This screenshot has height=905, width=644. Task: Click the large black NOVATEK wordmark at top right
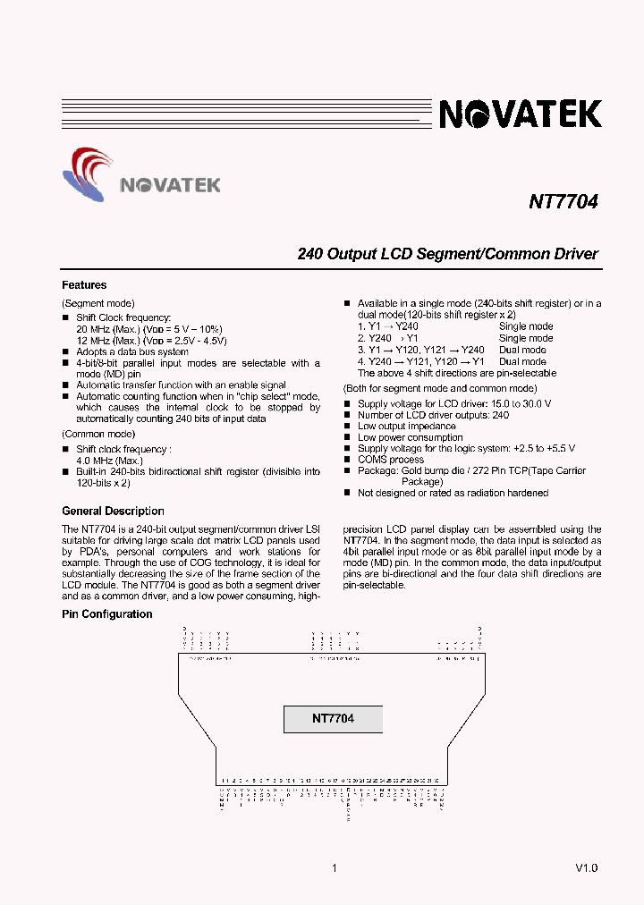pyautogui.click(x=520, y=114)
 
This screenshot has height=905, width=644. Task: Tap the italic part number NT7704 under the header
pyautogui.click(x=563, y=202)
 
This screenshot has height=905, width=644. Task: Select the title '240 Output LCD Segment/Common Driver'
pyautogui.click(x=447, y=254)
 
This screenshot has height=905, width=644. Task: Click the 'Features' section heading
pyautogui.click(x=84, y=285)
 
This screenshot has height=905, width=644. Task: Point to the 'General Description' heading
pyautogui.click(x=113, y=512)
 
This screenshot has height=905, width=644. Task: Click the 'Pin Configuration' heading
pyautogui.click(x=106, y=614)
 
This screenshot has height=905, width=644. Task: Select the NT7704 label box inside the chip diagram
pyautogui.click(x=333, y=719)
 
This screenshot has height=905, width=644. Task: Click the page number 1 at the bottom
pyautogui.click(x=334, y=868)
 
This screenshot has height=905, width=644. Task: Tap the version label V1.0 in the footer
pyautogui.click(x=586, y=868)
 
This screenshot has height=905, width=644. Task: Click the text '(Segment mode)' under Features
pyautogui.click(x=98, y=304)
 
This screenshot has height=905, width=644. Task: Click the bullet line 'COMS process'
pyautogui.click(x=390, y=460)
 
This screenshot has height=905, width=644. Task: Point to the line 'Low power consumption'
pyautogui.click(x=411, y=437)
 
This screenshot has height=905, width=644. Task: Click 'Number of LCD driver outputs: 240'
pyautogui.click(x=433, y=415)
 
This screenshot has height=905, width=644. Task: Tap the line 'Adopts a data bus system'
pyautogui.click(x=132, y=351)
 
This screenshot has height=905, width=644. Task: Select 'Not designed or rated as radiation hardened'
pyautogui.click(x=453, y=493)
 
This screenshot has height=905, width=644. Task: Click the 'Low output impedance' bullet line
pyautogui.click(x=407, y=427)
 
